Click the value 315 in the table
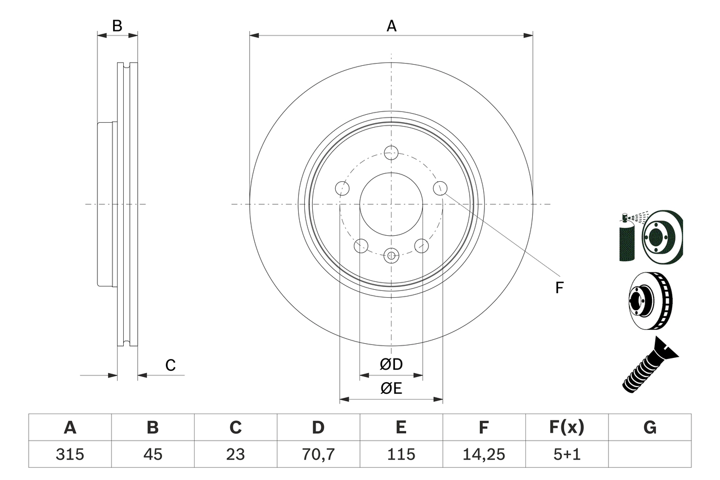click(x=70, y=454)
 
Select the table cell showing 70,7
click(x=318, y=454)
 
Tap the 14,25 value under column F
click(x=484, y=454)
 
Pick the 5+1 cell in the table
click(x=566, y=454)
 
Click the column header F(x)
click(x=566, y=428)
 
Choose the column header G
click(x=650, y=428)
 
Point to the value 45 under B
click(x=152, y=454)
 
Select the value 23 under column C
click(x=235, y=454)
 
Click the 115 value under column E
click(x=401, y=454)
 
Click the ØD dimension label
click(x=391, y=365)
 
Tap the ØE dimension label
click(x=391, y=389)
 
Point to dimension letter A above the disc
click(x=391, y=26)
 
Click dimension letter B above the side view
click(x=117, y=25)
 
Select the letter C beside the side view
click(x=170, y=365)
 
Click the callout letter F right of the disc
click(x=559, y=288)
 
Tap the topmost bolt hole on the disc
click(x=391, y=152)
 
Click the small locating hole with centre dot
click(x=391, y=255)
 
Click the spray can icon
click(x=626, y=239)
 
